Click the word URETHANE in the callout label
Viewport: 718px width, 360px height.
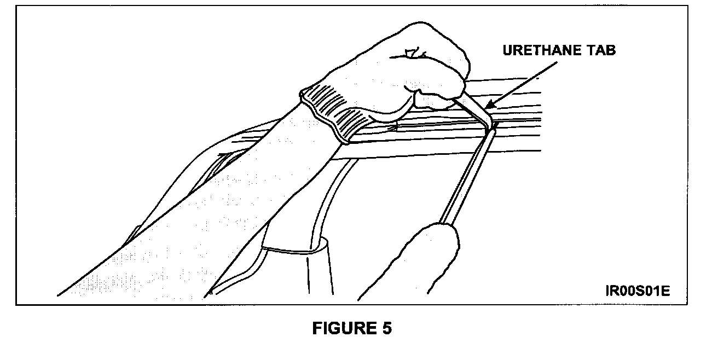tap(543, 51)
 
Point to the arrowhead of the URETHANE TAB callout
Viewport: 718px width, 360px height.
tap(487, 106)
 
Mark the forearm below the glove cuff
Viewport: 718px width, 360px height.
tap(263, 181)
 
